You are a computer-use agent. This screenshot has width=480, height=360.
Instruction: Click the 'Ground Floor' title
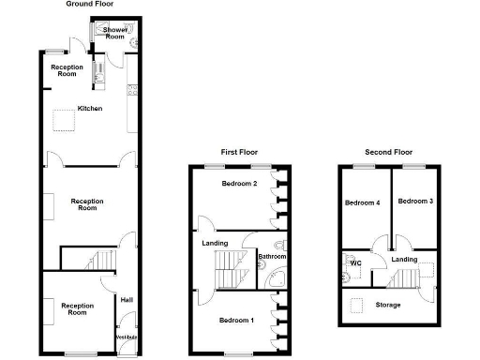[x=91, y=5]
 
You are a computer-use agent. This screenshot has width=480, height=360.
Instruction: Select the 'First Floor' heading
[x=239, y=152]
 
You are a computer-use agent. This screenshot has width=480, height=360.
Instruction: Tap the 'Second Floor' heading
[x=389, y=152]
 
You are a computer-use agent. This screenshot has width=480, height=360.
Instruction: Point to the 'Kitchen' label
[x=90, y=109]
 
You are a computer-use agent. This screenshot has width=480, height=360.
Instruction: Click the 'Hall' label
[x=125, y=299]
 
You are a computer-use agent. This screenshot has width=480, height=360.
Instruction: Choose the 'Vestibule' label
[x=126, y=337]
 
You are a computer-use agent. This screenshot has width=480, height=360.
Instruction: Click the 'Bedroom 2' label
[x=239, y=184]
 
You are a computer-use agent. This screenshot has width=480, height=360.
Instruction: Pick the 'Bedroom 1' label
[x=236, y=320]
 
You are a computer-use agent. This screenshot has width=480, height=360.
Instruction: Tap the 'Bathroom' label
[x=272, y=257]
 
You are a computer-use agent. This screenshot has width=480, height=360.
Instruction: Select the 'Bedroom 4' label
[x=362, y=202]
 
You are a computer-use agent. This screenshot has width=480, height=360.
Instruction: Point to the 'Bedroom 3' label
[x=414, y=202]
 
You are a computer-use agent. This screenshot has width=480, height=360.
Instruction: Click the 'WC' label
[x=355, y=262]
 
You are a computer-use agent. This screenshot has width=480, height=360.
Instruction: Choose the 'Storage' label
[x=388, y=305]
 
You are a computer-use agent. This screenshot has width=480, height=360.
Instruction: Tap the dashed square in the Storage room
[x=356, y=305]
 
